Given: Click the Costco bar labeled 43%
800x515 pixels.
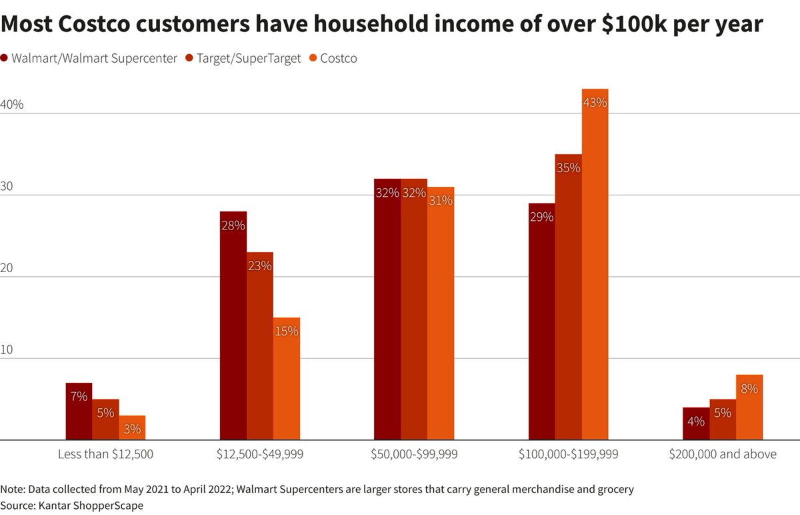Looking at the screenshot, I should [595, 267].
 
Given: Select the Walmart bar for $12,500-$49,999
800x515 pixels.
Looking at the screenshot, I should [233, 327].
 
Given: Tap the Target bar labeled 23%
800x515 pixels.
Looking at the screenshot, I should [259, 347].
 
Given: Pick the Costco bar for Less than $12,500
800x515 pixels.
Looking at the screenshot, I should [132, 428].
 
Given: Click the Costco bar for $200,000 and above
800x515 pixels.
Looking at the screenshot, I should [749, 408].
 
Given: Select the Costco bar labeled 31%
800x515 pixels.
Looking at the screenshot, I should [440, 314].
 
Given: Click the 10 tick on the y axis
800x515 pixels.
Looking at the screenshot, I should [8, 350].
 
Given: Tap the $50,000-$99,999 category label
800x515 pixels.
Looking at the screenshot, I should [413, 455].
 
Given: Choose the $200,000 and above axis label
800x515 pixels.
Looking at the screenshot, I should [723, 455].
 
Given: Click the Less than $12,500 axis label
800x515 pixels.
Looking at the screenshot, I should [105, 455].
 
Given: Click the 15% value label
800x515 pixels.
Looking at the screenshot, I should [286, 330].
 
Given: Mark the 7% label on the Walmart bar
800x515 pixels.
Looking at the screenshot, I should [79, 396].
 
